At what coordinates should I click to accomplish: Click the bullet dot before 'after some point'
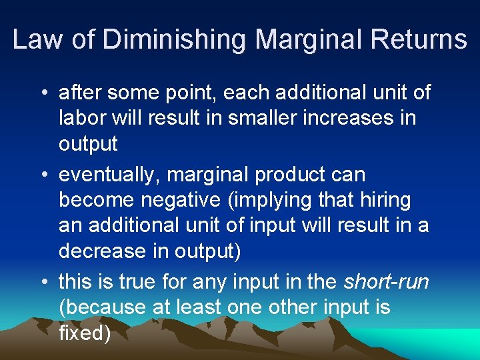pyautogui.click(x=43, y=93)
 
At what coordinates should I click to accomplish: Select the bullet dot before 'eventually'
pyautogui.click(x=43, y=175)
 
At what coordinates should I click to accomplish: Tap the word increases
pyautogui.click(x=351, y=118)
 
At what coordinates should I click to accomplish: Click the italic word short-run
pyautogui.click(x=387, y=283)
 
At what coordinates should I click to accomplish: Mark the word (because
pyautogui.click(x=101, y=308)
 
